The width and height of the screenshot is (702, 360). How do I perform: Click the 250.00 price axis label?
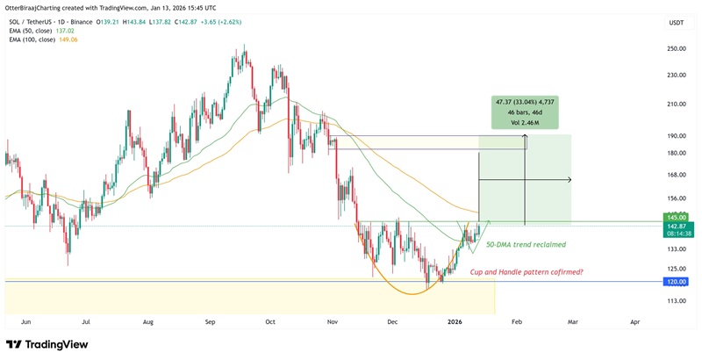[x=676, y=49]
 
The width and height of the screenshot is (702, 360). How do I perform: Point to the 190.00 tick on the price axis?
[x=676, y=136]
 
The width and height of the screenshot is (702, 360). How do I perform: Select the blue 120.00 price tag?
[x=676, y=282]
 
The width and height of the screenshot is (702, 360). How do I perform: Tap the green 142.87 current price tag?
[x=676, y=226]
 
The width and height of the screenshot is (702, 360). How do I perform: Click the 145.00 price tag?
[x=676, y=217]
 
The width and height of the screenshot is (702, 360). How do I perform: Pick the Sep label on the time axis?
[x=210, y=322]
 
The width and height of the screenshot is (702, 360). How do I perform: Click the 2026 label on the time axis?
[x=454, y=322]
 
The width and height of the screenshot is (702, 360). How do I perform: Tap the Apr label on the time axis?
[x=634, y=322]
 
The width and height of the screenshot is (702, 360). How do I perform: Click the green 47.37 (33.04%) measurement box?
[x=525, y=112]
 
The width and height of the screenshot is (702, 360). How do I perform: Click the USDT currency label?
[x=676, y=23]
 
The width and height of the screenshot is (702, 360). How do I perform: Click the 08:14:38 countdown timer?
[x=676, y=234]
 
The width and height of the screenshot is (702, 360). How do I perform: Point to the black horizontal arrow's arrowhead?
[x=569, y=180]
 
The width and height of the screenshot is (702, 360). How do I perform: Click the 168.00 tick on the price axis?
[x=676, y=175]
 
